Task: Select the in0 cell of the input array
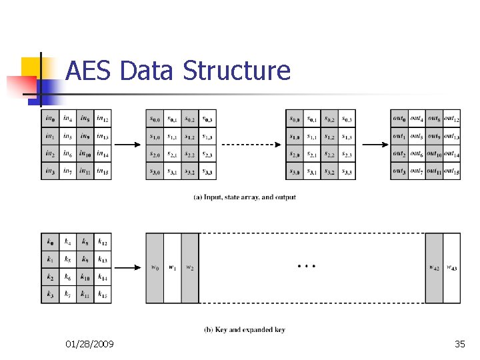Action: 50,119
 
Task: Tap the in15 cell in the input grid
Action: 103,171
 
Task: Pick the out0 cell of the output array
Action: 399,119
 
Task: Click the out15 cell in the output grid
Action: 451,171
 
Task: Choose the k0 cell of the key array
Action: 50,242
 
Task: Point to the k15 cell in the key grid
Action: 103,294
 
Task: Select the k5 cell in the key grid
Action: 67,259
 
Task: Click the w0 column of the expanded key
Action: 155,268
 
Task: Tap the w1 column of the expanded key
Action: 172,268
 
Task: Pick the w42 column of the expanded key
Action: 434,268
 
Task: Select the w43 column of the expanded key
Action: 452,268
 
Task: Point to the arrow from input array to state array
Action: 128,145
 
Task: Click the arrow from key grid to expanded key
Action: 128,268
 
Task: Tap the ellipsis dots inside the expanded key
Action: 307,266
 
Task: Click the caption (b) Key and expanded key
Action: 245,329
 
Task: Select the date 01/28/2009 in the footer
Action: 89,344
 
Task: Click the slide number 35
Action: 459,344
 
